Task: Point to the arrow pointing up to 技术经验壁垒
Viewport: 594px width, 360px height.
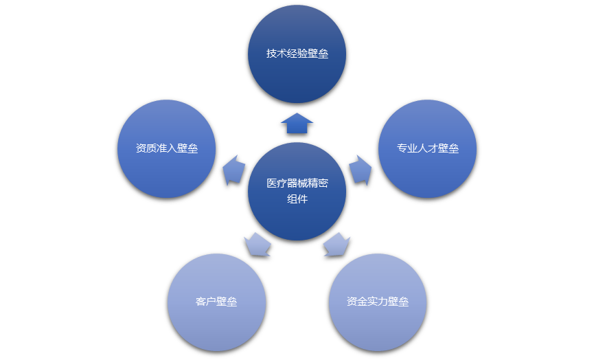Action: tap(297, 123)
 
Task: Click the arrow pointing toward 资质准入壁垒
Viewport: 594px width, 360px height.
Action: tap(234, 169)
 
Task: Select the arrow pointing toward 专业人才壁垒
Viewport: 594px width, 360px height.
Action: tap(360, 169)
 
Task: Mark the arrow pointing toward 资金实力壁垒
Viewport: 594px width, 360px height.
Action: tap(336, 244)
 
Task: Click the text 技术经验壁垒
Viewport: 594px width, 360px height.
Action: tap(297, 54)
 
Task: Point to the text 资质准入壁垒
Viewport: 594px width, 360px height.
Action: tap(167, 148)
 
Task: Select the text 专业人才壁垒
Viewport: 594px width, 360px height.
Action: tap(427, 148)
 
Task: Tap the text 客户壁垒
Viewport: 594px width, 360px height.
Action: tap(216, 302)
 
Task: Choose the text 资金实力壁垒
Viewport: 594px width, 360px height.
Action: tap(378, 302)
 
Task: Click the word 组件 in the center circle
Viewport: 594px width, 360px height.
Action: tap(297, 199)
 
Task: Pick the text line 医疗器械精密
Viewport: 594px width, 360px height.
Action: tap(297, 183)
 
